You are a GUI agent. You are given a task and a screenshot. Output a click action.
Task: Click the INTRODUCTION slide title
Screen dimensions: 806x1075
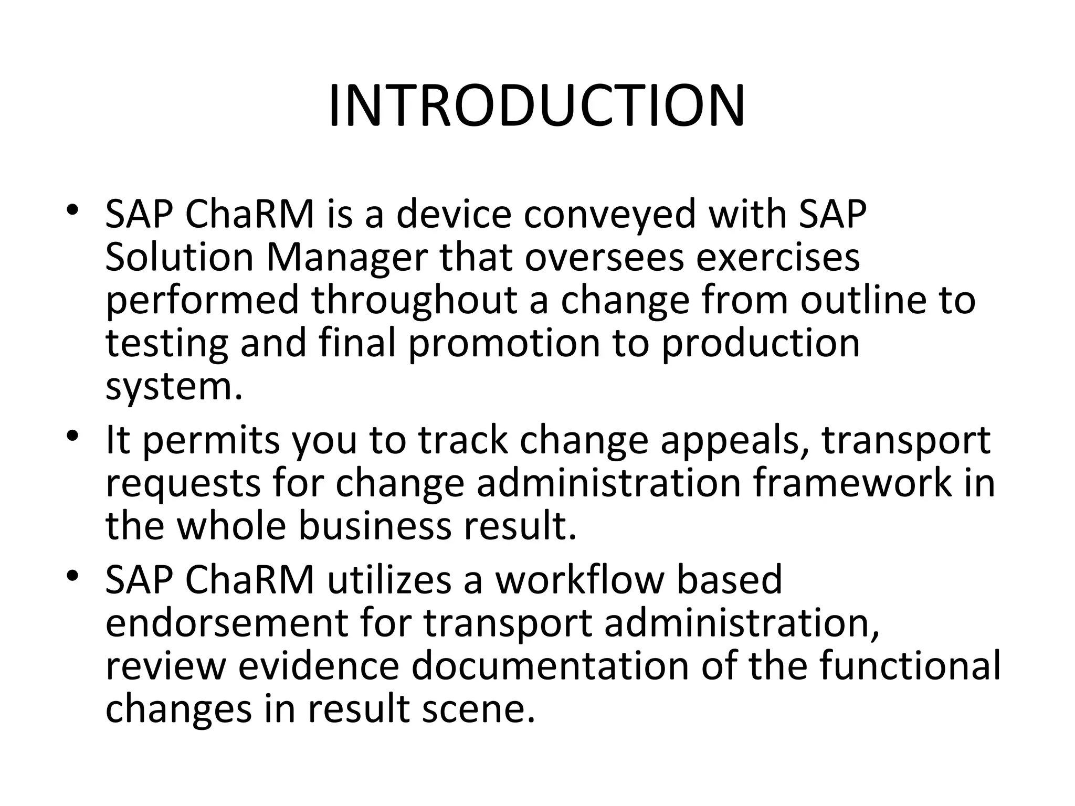click(x=536, y=107)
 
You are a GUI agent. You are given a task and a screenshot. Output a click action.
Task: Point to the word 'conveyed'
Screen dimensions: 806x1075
click(x=610, y=215)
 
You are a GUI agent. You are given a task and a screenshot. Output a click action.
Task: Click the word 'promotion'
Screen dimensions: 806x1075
click(x=504, y=344)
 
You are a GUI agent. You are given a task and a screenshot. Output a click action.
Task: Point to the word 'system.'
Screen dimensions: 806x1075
click(x=174, y=387)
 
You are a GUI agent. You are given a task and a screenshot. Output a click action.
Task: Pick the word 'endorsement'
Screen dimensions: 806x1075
click(x=226, y=623)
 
